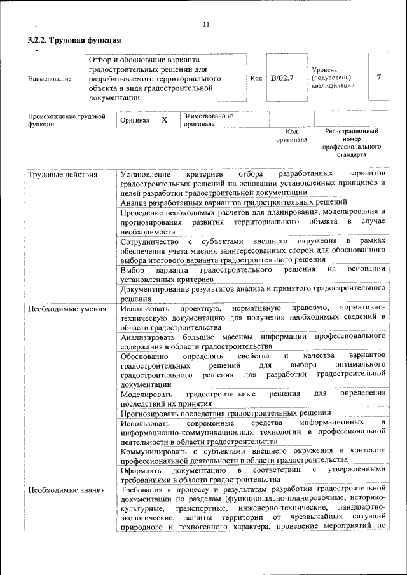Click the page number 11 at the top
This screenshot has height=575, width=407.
click(x=206, y=24)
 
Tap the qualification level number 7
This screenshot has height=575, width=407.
click(x=378, y=78)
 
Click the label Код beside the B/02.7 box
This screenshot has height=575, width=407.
click(x=256, y=78)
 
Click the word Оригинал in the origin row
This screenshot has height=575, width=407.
click(x=134, y=121)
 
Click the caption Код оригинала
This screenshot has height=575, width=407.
click(x=291, y=135)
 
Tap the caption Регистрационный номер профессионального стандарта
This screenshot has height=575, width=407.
click(x=351, y=142)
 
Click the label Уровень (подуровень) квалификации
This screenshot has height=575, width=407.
click(x=333, y=78)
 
